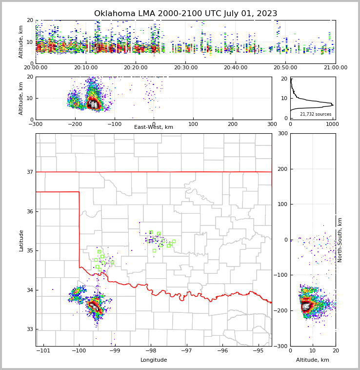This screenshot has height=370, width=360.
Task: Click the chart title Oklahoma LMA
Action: [185, 14]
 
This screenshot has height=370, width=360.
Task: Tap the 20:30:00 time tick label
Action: [185, 68]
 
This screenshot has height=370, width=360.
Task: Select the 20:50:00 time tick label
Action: [285, 68]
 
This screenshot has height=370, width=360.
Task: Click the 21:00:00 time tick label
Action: [336, 68]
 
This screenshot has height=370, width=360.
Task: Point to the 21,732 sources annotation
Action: [316, 114]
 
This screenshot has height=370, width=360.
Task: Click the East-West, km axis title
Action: [154, 127]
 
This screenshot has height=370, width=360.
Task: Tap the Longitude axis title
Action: [154, 360]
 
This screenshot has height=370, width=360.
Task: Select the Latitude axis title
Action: [21, 240]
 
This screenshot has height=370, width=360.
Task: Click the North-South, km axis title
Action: [340, 240]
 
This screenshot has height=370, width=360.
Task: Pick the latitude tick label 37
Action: [29, 172]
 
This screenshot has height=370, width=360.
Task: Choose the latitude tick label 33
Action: [29, 329]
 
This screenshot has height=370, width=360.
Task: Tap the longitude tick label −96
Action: [222, 350]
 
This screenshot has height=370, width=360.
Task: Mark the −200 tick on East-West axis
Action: [75, 123]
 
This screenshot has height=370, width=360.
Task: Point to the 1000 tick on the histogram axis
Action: [332, 123]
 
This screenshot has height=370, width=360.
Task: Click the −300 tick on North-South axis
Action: [281, 346]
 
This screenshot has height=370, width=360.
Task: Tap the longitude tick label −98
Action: [151, 350]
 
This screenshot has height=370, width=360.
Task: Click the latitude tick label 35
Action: [29, 251]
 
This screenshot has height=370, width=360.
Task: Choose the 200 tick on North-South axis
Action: [282, 169]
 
